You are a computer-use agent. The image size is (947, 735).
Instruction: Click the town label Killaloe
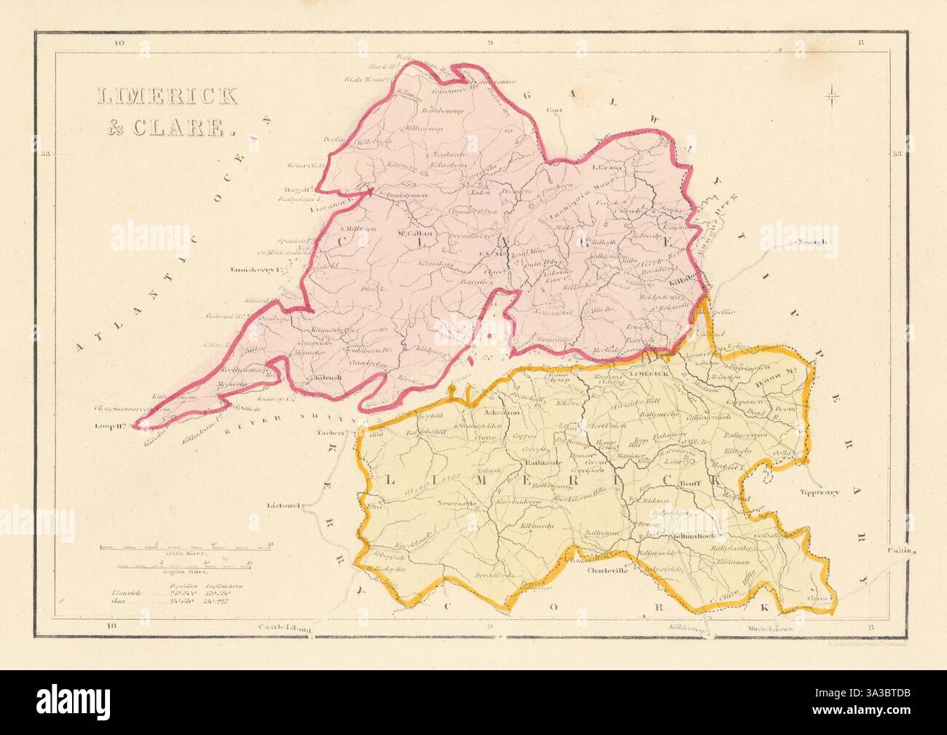point(685,279)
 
